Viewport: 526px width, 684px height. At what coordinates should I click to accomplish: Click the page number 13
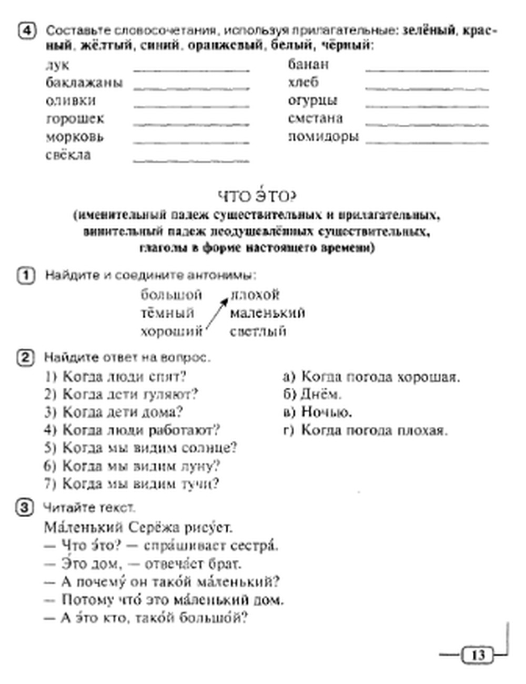(x=478, y=655)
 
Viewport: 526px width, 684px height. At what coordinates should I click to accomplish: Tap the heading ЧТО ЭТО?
(x=257, y=197)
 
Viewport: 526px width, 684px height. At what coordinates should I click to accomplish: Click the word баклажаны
(x=84, y=83)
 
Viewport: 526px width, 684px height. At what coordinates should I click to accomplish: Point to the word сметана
(x=315, y=118)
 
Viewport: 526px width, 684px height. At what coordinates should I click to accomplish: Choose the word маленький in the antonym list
(x=267, y=313)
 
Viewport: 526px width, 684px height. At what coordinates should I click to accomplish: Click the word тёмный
(x=167, y=313)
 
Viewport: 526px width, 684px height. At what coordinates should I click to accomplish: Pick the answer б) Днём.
(x=312, y=394)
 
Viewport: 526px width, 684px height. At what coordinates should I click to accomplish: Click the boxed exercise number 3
(x=25, y=508)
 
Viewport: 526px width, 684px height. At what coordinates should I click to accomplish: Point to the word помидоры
(x=323, y=137)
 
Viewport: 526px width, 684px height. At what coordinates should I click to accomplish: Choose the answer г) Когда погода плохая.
(x=366, y=430)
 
